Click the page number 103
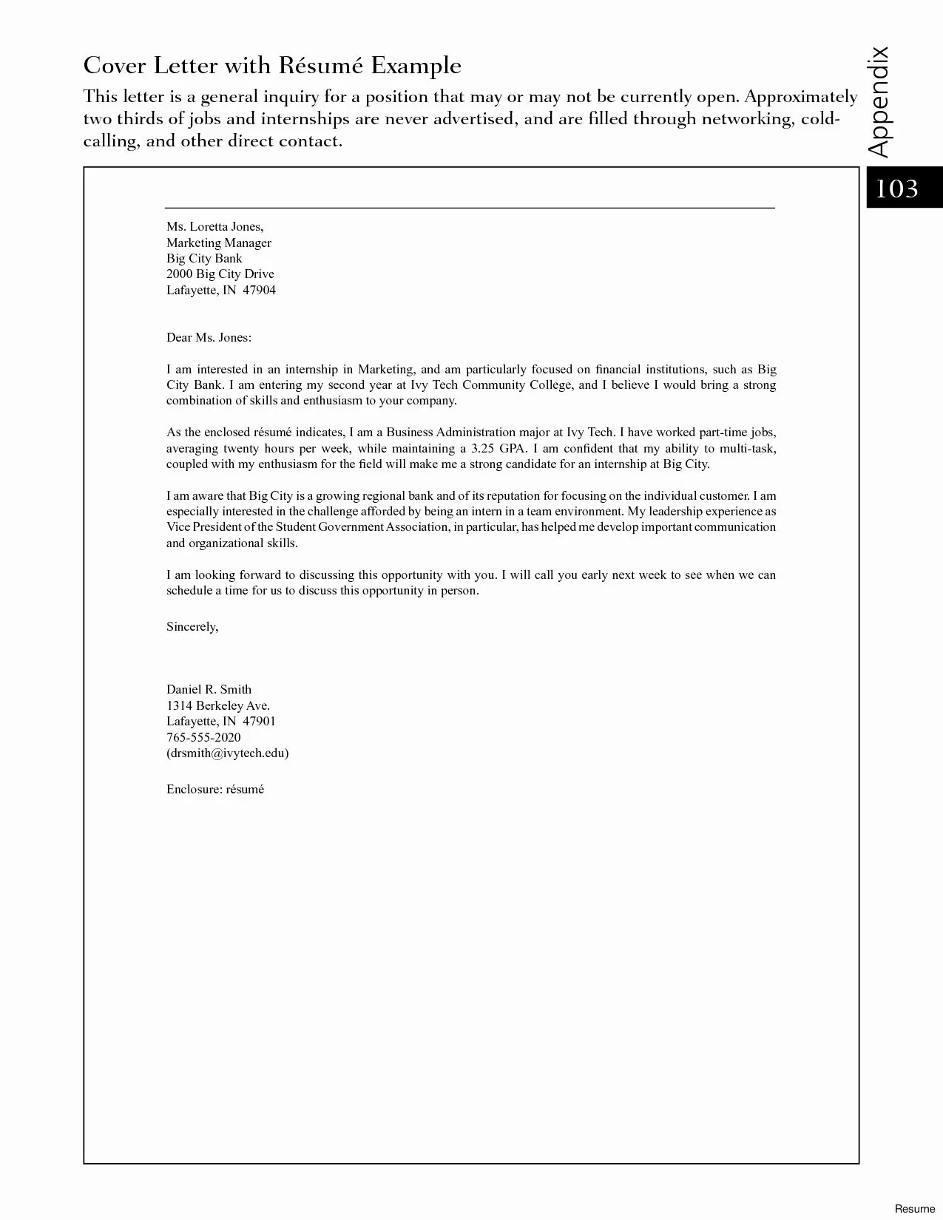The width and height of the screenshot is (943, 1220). point(896,189)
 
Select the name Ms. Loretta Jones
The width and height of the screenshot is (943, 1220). point(214,226)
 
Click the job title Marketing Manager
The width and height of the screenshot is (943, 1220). point(219,243)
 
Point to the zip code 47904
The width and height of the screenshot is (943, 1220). point(259,290)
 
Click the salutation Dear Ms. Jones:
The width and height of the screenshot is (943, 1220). point(209,337)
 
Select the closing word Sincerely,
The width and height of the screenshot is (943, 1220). point(192,626)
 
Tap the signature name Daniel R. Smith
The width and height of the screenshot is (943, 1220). point(209,689)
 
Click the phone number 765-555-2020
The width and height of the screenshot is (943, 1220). point(203,737)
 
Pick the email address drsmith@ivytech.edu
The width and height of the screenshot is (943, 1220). point(227,753)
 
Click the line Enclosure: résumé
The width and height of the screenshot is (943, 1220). point(215,789)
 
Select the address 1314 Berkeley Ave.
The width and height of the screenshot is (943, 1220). point(218,705)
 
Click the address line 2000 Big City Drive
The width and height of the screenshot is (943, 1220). point(220,274)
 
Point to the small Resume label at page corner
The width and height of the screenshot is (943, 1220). point(914,1208)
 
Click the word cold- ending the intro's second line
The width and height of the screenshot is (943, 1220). point(820,118)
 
